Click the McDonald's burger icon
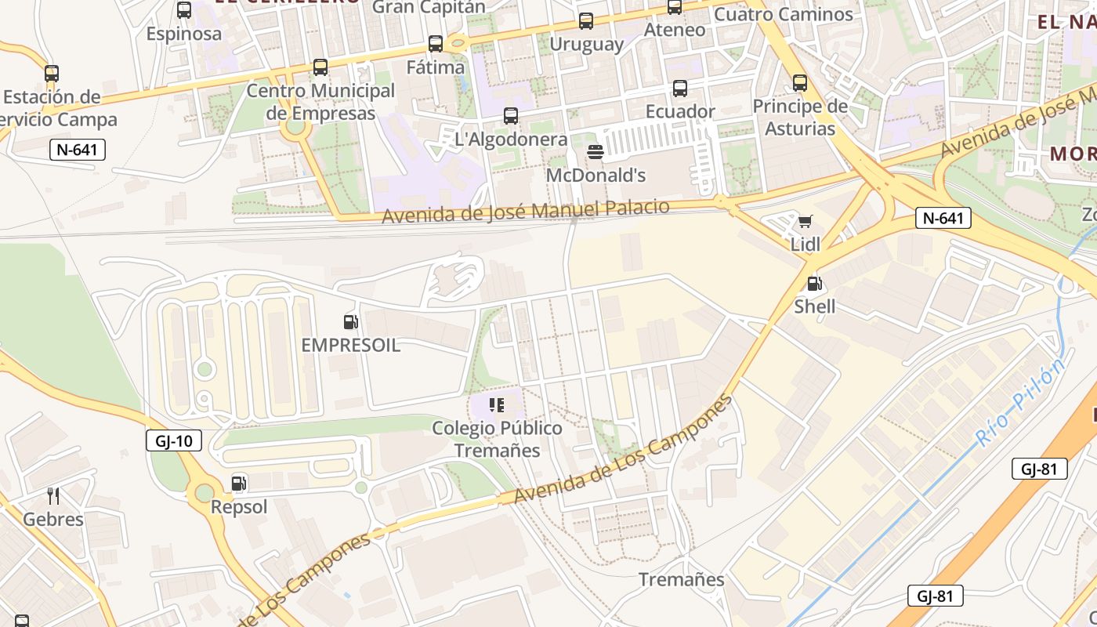[596, 151]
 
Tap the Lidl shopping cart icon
[805, 222]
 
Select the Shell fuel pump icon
[814, 284]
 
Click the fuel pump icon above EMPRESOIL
[350, 321]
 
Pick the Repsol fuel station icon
[239, 484]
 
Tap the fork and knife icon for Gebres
[53, 496]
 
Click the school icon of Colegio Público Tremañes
[497, 405]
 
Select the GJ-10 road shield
[174, 440]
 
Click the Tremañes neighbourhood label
[681, 579]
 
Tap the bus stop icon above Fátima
[436, 44]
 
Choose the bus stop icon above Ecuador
[680, 89]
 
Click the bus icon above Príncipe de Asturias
[800, 83]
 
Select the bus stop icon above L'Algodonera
[511, 116]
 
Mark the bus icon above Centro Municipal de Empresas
[320, 67]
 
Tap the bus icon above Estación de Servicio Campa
[52, 74]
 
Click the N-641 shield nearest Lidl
[943, 218]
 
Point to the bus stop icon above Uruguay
[586, 21]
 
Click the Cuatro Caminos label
[784, 14]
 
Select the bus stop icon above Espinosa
[184, 10]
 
